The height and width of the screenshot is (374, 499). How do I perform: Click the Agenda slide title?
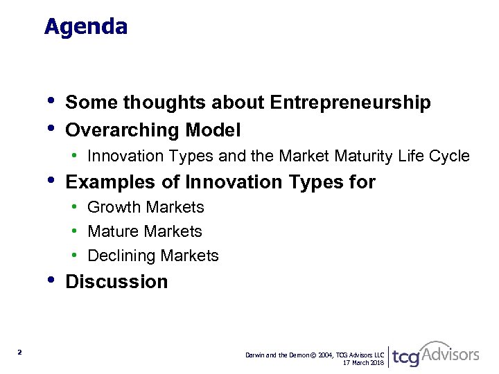click(x=86, y=27)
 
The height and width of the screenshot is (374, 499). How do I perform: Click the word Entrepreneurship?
click(x=351, y=103)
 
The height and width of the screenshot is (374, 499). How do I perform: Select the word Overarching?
click(x=122, y=130)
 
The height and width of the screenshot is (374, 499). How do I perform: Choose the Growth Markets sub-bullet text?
click(x=146, y=208)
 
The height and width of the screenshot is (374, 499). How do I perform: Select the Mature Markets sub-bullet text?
click(x=145, y=232)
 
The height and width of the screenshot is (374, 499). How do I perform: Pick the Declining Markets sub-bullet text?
click(x=153, y=256)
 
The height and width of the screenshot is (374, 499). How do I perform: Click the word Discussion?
click(x=116, y=282)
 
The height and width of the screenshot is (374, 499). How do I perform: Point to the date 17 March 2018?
click(x=363, y=362)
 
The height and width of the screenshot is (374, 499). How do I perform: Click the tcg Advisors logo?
click(x=435, y=355)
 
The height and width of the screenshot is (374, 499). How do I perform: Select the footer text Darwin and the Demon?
click(x=277, y=355)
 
